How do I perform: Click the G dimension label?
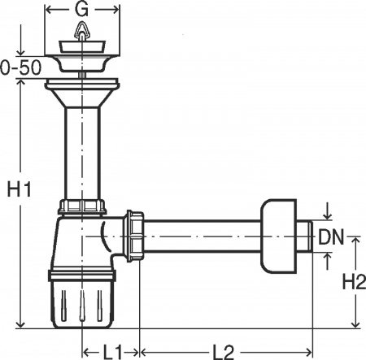point(81,10)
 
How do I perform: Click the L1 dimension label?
point(112,351)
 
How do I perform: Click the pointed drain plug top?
point(82,33)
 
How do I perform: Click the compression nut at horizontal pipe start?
point(134,237)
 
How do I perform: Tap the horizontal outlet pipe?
point(203,237)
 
